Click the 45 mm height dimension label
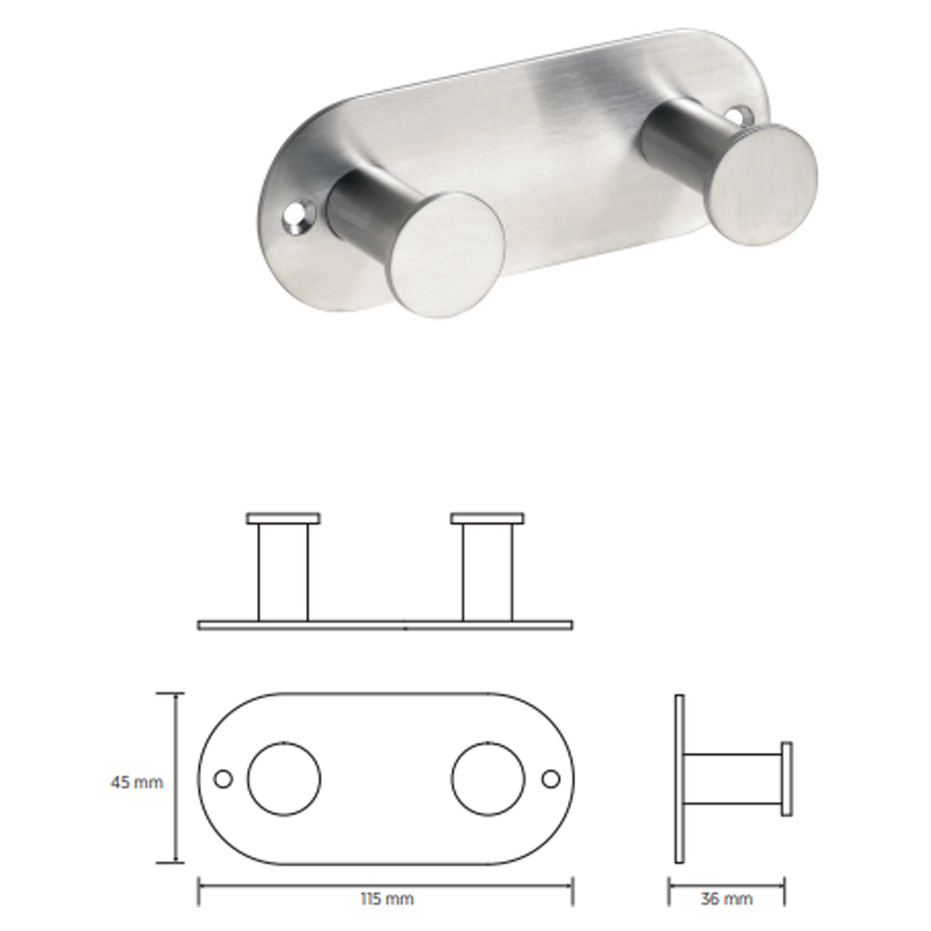(x=137, y=782)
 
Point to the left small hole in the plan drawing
(x=223, y=779)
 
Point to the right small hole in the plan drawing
(x=551, y=779)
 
